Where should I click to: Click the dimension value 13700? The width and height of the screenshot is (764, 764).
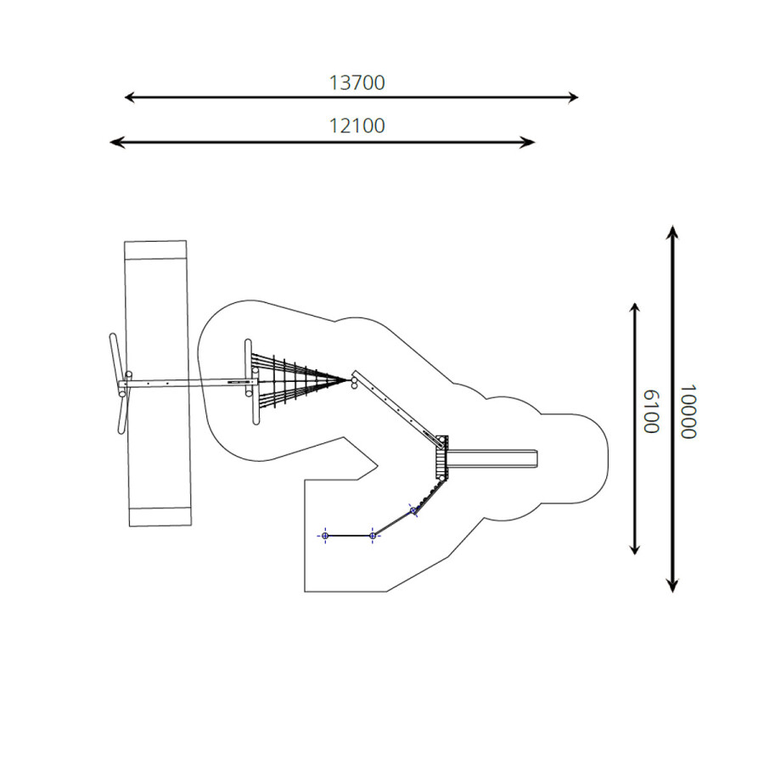(357, 83)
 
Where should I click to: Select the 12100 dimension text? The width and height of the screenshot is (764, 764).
(357, 126)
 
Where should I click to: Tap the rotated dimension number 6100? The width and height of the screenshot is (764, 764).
(651, 411)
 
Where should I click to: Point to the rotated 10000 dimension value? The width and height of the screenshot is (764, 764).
(688, 412)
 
